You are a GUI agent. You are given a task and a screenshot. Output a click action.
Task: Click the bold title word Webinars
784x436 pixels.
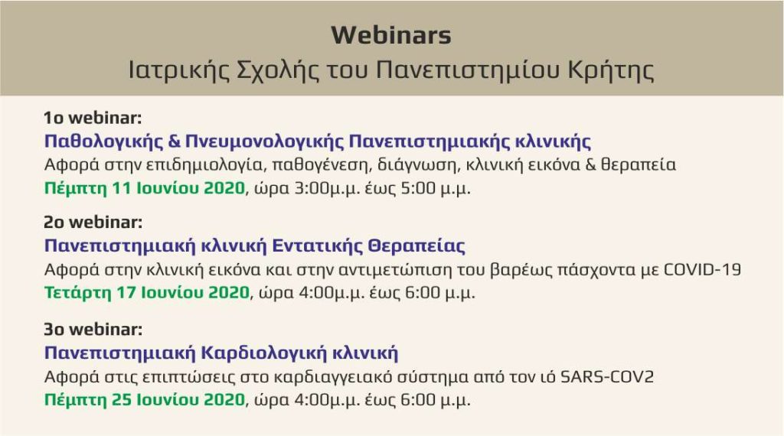coord(391,35)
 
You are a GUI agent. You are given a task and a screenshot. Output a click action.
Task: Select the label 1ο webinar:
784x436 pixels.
coord(93,118)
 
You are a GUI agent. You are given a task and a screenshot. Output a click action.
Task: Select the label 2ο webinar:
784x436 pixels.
coord(93,222)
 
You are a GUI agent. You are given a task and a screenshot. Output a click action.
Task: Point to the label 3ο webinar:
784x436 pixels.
coord(93,329)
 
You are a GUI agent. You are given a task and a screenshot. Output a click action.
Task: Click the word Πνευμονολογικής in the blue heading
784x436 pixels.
coord(264,142)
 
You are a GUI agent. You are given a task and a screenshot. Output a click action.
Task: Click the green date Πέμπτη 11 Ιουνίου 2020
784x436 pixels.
coord(145,188)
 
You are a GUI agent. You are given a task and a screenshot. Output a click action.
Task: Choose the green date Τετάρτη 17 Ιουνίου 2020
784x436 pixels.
coord(146,293)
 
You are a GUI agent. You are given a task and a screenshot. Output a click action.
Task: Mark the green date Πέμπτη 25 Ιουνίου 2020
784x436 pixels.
coord(145,400)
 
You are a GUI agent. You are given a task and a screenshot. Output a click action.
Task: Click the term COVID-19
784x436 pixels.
coord(702,270)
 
